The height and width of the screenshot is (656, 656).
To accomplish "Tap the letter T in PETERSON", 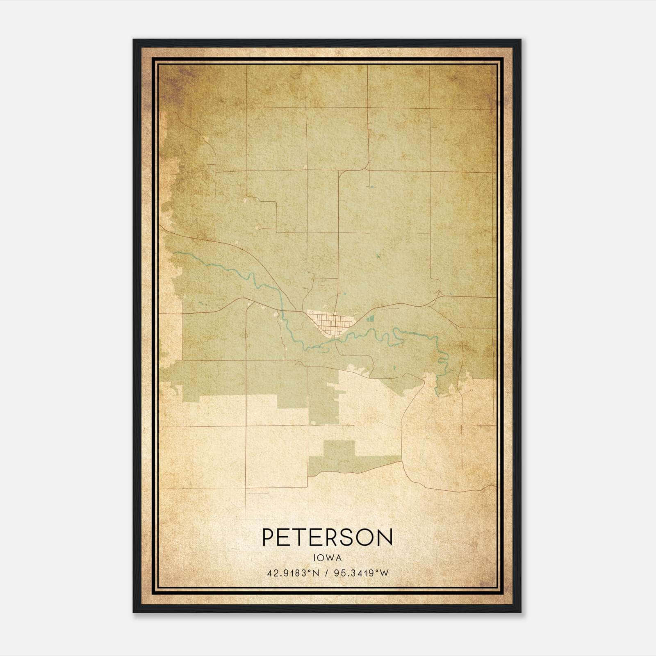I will [305, 537].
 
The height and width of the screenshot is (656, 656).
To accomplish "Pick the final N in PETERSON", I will [385, 537].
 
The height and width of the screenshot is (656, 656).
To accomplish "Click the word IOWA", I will [327, 558].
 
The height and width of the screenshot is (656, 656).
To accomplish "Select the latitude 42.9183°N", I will [293, 573].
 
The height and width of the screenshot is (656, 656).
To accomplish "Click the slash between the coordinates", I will [327, 573].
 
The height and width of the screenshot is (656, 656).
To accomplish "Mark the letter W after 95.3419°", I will [384, 573].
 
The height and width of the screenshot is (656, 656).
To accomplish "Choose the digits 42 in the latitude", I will [271, 573].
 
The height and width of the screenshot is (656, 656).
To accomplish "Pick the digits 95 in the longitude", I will [339, 573].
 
